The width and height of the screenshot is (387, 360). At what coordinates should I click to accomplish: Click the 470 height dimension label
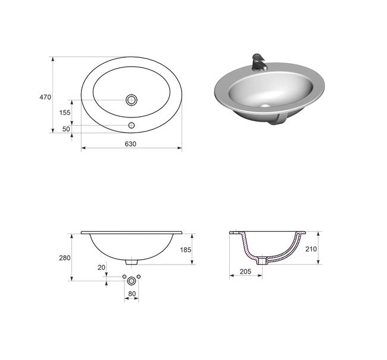coord(45,97)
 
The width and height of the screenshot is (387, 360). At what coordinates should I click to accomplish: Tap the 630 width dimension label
coord(130,144)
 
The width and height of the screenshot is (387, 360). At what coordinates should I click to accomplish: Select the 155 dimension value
coord(65,113)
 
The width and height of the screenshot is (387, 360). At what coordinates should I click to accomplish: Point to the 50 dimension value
coord(66,129)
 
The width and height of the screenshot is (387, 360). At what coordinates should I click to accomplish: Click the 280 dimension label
coord(65,257)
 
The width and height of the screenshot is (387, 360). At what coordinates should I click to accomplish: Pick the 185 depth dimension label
coord(186,250)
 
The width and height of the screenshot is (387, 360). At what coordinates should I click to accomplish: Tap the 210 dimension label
coord(311,249)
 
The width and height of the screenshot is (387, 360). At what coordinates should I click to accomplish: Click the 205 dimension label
coord(245,271)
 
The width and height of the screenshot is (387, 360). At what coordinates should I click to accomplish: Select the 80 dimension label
coord(132,294)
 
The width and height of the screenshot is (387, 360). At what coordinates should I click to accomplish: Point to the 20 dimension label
coord(101,268)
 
